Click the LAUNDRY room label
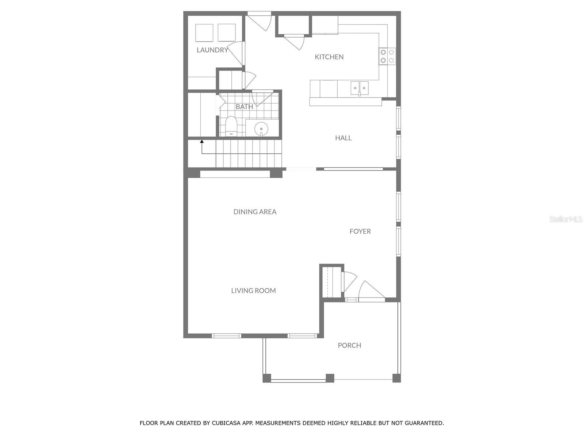click(212, 50)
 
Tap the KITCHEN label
click(329, 57)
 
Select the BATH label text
click(244, 107)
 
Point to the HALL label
click(343, 138)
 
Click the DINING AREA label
click(255, 212)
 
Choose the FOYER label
click(360, 231)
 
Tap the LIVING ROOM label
click(253, 291)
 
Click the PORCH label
click(349, 345)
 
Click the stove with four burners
click(387, 56)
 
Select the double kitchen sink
click(360, 88)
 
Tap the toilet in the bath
click(231, 126)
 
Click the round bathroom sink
click(261, 128)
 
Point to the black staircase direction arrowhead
click(201, 141)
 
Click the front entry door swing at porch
click(370, 291)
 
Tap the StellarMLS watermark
click(565, 219)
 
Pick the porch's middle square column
click(330, 378)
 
